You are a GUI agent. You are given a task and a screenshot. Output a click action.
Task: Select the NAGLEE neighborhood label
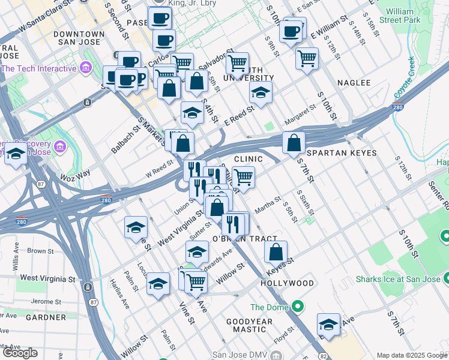coord(354,82)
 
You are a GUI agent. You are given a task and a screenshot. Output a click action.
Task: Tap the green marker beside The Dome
coord(298,307)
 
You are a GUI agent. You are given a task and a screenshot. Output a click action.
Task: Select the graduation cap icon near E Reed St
coord(261,92)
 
